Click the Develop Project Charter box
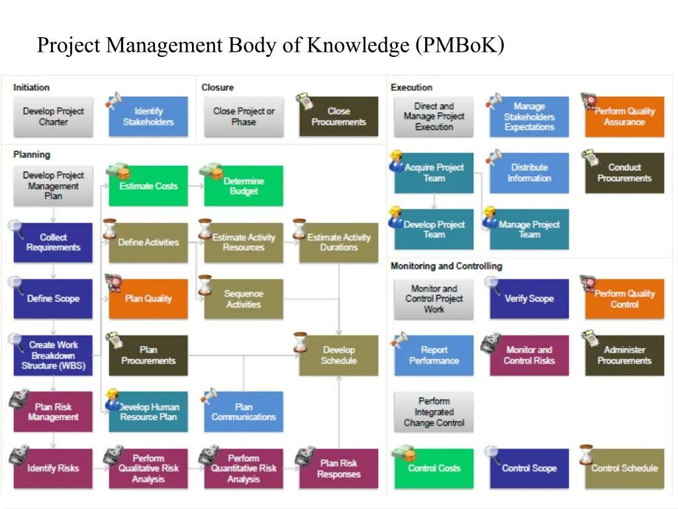[53, 117]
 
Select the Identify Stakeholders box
[148, 117]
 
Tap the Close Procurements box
[338, 117]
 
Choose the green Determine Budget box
[244, 186]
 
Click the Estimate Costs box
[148, 186]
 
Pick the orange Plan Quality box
[148, 299]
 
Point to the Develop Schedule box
[338, 355]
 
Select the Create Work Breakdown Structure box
[53, 355]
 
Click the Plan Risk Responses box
[338, 469]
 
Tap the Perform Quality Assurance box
[624, 117]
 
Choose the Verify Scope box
[529, 299]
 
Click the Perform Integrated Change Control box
[434, 412]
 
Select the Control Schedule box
[624, 469]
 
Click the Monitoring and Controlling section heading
[446, 266]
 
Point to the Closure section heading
[217, 87]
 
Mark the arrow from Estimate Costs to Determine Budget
[196, 186]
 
